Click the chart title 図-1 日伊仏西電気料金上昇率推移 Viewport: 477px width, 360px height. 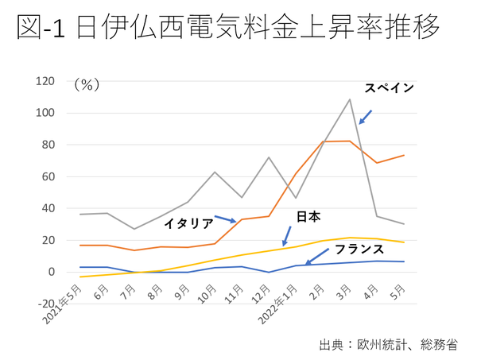(227, 29)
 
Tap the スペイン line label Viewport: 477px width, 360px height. (389, 88)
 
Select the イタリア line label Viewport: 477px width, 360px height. (188, 223)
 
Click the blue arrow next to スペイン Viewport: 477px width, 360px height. (365, 117)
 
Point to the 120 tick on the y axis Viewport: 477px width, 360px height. (45, 81)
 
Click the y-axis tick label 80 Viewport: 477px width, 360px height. (48, 145)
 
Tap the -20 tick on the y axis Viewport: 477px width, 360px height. (46, 304)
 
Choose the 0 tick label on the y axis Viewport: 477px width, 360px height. (52, 272)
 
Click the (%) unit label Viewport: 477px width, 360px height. (86, 84)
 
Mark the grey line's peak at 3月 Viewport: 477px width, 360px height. (350, 99)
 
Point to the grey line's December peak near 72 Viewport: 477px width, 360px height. (269, 157)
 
